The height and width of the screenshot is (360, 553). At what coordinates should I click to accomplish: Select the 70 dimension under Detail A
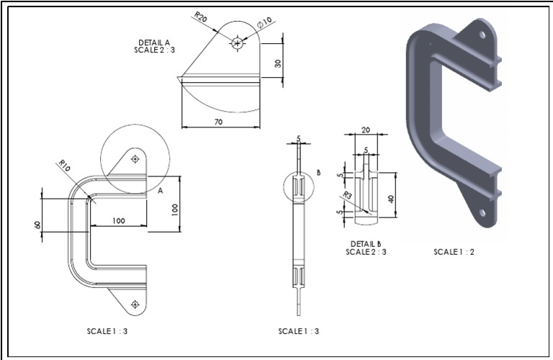click(218, 122)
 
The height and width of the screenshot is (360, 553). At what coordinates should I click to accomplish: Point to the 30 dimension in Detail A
click(278, 63)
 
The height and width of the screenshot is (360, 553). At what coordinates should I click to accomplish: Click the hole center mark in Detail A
click(237, 44)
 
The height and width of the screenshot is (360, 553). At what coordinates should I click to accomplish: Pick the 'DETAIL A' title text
click(154, 42)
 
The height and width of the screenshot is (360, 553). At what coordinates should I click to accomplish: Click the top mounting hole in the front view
click(135, 159)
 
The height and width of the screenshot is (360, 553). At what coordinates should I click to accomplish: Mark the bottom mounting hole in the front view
click(135, 305)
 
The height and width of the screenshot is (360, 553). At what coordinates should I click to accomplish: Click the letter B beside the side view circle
click(317, 172)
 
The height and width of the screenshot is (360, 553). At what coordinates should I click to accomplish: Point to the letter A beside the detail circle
click(161, 192)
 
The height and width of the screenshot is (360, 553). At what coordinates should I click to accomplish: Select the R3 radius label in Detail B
click(347, 195)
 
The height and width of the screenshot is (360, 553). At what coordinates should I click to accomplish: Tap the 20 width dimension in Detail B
click(365, 130)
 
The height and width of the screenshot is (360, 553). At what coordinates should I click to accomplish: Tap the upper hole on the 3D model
click(482, 33)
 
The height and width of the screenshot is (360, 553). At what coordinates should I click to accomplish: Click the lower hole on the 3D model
click(482, 212)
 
